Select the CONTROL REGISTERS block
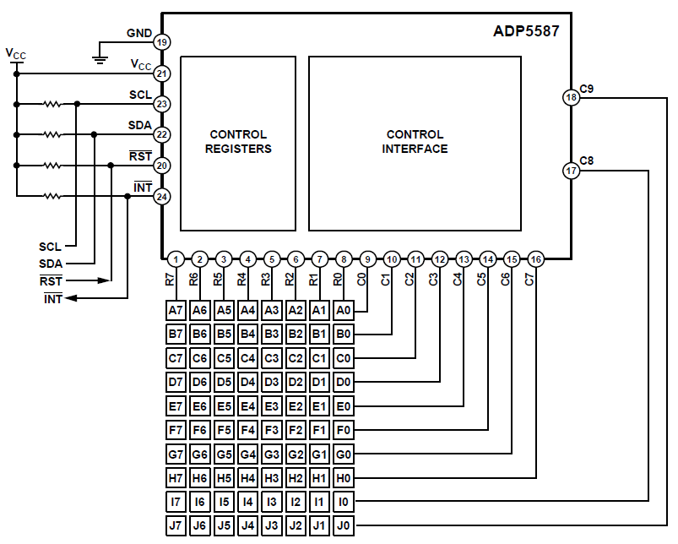pyautogui.click(x=239, y=143)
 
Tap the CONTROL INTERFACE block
pyautogui.click(x=415, y=143)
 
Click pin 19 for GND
pyautogui.click(x=162, y=42)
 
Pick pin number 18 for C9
pyautogui.click(x=572, y=98)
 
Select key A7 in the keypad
pyautogui.click(x=176, y=311)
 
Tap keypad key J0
pyautogui.click(x=344, y=526)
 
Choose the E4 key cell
pyautogui.click(x=247, y=406)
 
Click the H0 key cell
pyautogui.click(x=344, y=478)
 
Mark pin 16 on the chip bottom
pyautogui.click(x=536, y=259)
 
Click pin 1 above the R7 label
pyautogui.click(x=175, y=259)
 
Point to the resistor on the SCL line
pyautogui.click(x=52, y=104)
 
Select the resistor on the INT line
pyautogui.click(x=52, y=197)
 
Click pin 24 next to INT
pyautogui.click(x=162, y=197)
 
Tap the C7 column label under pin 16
pyautogui.click(x=529, y=280)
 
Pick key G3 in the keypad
pyautogui.click(x=272, y=454)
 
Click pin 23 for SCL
pyautogui.click(x=162, y=104)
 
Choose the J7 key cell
pyautogui.click(x=176, y=526)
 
